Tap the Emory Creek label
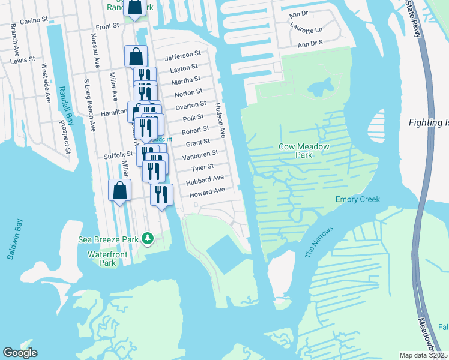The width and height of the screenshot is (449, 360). pos(358,200)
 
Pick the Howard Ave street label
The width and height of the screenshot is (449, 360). pos(207,192)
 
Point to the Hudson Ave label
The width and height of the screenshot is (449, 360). pos(220,120)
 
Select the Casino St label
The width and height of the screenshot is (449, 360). pos(34,20)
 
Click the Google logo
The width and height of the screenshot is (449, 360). pos(20,353)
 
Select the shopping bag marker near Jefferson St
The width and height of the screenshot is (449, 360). pos(136,57)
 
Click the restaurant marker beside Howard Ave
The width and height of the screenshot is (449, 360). pos(161,195)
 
